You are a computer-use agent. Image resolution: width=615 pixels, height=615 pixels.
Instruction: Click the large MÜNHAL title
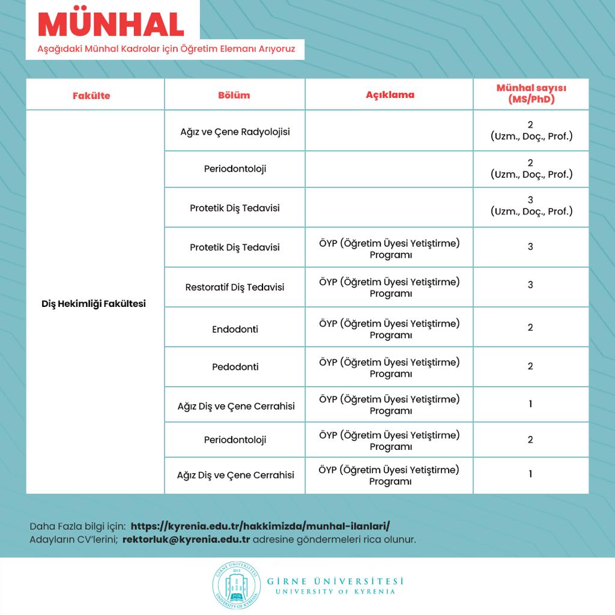click(x=112, y=24)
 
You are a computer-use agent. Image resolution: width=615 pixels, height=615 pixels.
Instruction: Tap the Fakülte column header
click(x=91, y=95)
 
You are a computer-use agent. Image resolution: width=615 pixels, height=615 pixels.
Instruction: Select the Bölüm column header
click(x=234, y=95)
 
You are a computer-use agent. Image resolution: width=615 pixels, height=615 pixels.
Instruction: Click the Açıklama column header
click(x=390, y=95)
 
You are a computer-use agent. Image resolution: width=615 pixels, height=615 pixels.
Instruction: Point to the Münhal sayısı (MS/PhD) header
click(x=531, y=94)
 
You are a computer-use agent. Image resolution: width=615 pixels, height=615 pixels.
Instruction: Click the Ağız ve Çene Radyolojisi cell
click(x=235, y=131)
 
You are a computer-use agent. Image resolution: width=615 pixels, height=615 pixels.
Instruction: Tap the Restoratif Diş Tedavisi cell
click(x=235, y=287)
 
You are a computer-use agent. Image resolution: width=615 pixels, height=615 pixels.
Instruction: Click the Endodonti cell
click(x=235, y=329)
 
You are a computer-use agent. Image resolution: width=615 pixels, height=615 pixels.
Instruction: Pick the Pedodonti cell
click(x=235, y=366)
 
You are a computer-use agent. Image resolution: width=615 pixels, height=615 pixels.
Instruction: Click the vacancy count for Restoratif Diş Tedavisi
click(x=530, y=285)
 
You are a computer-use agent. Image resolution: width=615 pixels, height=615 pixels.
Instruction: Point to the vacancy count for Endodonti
click(x=530, y=327)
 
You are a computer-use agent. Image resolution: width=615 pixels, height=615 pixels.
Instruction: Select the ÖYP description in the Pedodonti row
click(x=389, y=368)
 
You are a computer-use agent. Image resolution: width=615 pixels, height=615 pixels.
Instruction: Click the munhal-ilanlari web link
click(x=264, y=526)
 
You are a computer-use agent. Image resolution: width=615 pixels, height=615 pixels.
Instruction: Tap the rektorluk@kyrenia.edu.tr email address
click(x=186, y=539)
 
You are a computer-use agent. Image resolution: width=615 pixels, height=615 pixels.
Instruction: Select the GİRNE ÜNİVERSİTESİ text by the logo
click(x=335, y=581)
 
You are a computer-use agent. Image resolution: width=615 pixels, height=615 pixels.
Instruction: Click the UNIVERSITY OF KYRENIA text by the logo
click(x=335, y=592)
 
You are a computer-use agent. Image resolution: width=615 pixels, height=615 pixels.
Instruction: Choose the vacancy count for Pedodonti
click(x=530, y=366)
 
